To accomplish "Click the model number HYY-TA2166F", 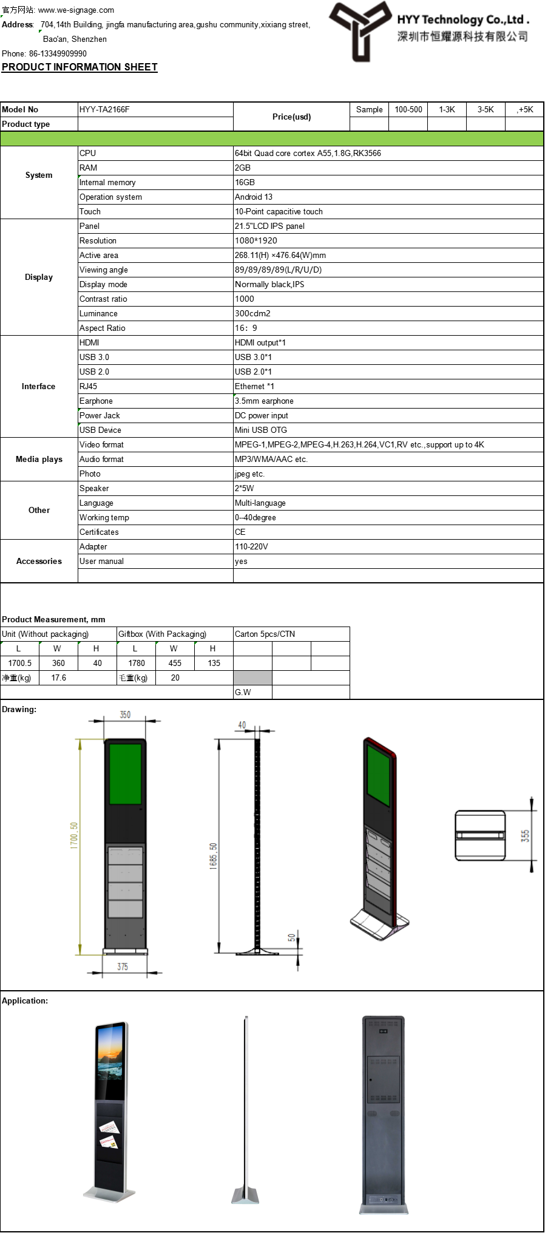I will pos(104,110).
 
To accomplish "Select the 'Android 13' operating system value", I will pos(254,197).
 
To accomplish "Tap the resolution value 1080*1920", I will pos(256,241).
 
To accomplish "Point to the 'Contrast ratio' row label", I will pos(103,299).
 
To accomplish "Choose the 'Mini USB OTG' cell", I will pos(261,430).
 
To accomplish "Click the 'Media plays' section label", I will pos(39,460).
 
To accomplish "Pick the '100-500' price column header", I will pos(408,110).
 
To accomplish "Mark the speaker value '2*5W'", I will pos(245,489).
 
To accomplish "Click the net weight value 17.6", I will pos(59,678).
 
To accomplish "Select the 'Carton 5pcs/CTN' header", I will pos(265,634).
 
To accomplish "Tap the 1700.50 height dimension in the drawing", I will pos(74,835).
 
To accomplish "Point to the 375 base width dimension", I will pos(123,966).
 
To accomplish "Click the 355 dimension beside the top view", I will pos(525,835).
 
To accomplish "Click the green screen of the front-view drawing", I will pos(126,773).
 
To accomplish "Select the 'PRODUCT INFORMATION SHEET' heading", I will pos(80,67).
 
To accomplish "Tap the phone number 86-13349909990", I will pos(58,53).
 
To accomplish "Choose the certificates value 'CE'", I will pos(240,532).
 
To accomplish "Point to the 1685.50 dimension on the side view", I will pos(213,856).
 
